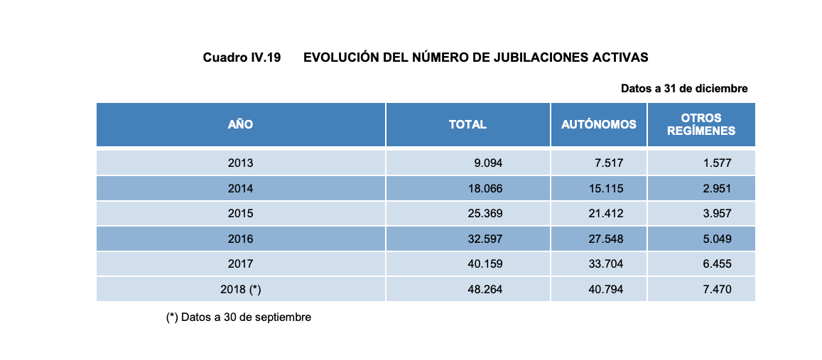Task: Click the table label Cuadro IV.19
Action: [x=242, y=58]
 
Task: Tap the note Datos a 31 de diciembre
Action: [x=683, y=89]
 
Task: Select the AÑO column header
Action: [x=240, y=125]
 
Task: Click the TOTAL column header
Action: [x=467, y=125]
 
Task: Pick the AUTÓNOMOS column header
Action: [x=598, y=125]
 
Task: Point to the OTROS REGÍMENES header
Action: [x=701, y=125]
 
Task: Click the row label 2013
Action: [x=240, y=163]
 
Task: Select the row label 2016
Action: [x=240, y=239]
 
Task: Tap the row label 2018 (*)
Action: [x=240, y=290]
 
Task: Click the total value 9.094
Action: [x=488, y=163]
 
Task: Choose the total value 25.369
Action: [x=485, y=214]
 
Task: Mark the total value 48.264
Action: [x=485, y=290]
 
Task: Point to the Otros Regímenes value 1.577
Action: [x=717, y=163]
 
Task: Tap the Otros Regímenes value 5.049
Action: [x=717, y=239]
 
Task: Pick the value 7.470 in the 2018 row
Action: [x=717, y=290]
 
